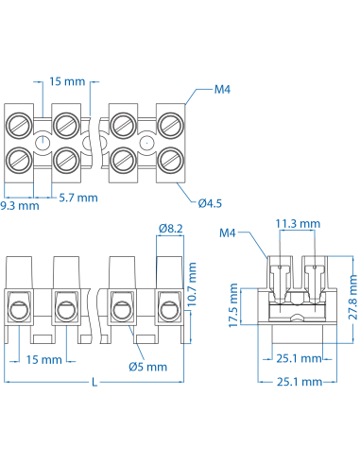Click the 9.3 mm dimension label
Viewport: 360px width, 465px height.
pos(20,203)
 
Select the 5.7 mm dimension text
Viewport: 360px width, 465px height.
pos(78,198)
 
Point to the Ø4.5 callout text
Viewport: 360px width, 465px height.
pos(211,200)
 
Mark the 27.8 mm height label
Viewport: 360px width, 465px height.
pos(351,295)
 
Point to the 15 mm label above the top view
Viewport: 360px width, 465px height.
pos(67,82)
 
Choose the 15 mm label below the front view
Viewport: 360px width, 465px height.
pos(44,360)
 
